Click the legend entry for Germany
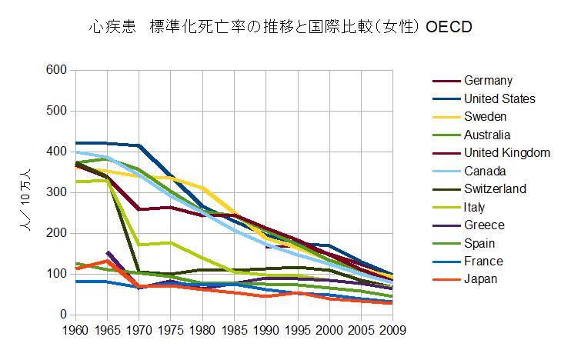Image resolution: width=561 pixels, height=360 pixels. tap(489, 81)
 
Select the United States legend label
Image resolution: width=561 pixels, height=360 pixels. tap(499, 98)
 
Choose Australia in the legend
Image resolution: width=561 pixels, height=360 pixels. tap(488, 135)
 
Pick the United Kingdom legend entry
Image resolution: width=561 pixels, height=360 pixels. tap(507, 152)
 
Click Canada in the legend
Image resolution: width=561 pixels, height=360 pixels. tap(485, 171)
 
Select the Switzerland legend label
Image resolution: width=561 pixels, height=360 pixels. tap(495, 188)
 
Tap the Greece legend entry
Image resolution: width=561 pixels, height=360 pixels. tap(484, 225)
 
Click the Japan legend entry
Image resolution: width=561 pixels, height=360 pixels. tap(481, 279)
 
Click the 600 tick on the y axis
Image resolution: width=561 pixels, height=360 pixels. tap(56, 70)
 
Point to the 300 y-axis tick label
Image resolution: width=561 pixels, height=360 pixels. tap(56, 192)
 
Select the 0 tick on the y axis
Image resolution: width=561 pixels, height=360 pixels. tap(63, 315)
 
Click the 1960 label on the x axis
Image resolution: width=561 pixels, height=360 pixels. tap(74, 330)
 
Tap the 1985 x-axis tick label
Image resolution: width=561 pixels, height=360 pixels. tap(234, 330)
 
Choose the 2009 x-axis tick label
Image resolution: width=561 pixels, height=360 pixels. tap(392, 330)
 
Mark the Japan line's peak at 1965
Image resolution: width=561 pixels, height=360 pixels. tap(106, 261)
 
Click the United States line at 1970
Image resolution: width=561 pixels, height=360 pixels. tap(139, 145)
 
